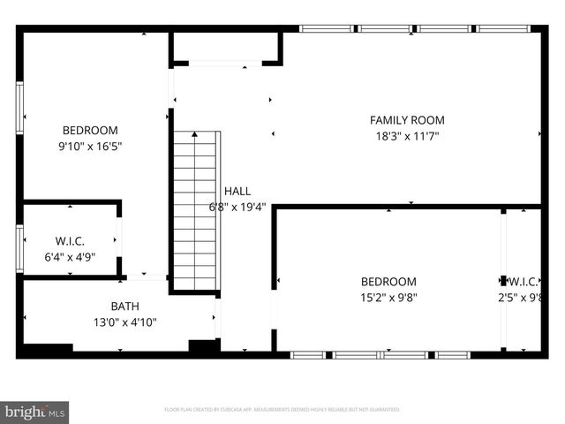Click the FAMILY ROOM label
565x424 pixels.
click(407, 120)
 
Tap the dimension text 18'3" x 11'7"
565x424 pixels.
click(406, 136)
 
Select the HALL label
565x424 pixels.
click(237, 191)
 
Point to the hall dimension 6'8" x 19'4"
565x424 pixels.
click(237, 207)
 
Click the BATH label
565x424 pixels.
click(124, 307)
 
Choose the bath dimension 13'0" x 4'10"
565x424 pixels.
click(124, 322)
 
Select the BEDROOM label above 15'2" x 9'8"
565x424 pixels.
click(388, 282)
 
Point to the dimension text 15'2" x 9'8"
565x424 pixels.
click(388, 298)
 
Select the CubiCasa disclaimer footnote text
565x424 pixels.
click(282, 410)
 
